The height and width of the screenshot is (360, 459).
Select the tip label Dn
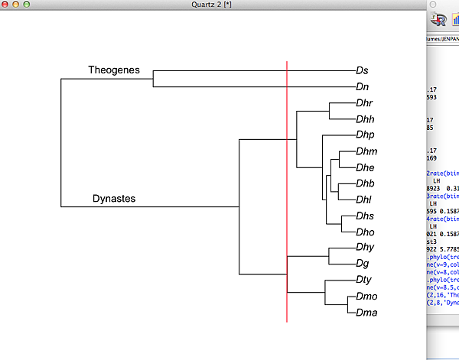tap(362, 87)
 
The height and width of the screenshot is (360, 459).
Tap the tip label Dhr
tap(364, 103)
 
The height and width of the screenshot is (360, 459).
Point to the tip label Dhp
tap(364, 135)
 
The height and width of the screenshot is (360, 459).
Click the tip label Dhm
tap(366, 151)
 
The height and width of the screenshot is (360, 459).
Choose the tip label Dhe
tap(365, 167)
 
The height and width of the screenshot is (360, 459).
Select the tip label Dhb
tap(365, 183)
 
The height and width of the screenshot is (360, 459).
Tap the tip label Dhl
tap(363, 199)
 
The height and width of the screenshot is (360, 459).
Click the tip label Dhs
tap(364, 216)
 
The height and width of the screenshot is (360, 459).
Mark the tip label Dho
tap(364, 232)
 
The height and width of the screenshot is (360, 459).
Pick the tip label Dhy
tap(364, 248)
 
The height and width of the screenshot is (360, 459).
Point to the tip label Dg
tap(362, 264)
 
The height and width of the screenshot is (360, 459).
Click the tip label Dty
tap(363, 281)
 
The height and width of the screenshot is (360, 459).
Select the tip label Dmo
tap(366, 297)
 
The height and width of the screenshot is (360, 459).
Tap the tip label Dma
tap(366, 313)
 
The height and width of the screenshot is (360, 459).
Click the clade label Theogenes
tap(114, 70)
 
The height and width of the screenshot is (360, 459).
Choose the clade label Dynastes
tap(114, 199)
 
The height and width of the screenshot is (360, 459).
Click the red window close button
tap(6, 5)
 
